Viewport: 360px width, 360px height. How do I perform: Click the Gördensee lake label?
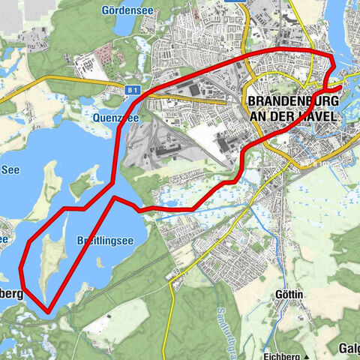[124, 10]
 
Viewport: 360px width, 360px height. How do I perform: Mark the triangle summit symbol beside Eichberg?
[308, 351]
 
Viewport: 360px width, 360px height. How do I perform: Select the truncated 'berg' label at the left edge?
[11, 293]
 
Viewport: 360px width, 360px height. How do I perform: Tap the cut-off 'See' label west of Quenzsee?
[9, 169]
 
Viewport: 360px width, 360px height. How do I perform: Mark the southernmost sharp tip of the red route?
[49, 311]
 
